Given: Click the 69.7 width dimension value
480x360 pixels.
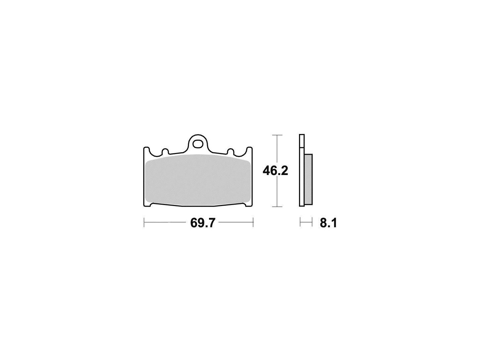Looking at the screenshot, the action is click(x=203, y=223).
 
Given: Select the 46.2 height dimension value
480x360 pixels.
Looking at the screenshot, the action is click(x=275, y=171).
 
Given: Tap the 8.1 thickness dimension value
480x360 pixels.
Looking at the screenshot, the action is click(x=328, y=223).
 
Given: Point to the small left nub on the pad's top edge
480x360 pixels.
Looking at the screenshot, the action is click(x=165, y=151).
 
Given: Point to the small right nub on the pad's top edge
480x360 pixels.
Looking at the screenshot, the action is click(x=230, y=151).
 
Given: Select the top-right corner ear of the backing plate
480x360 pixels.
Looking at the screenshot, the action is click(x=249, y=150).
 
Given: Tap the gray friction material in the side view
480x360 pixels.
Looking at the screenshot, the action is click(x=308, y=179).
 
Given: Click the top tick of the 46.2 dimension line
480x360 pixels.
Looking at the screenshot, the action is click(x=277, y=135).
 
